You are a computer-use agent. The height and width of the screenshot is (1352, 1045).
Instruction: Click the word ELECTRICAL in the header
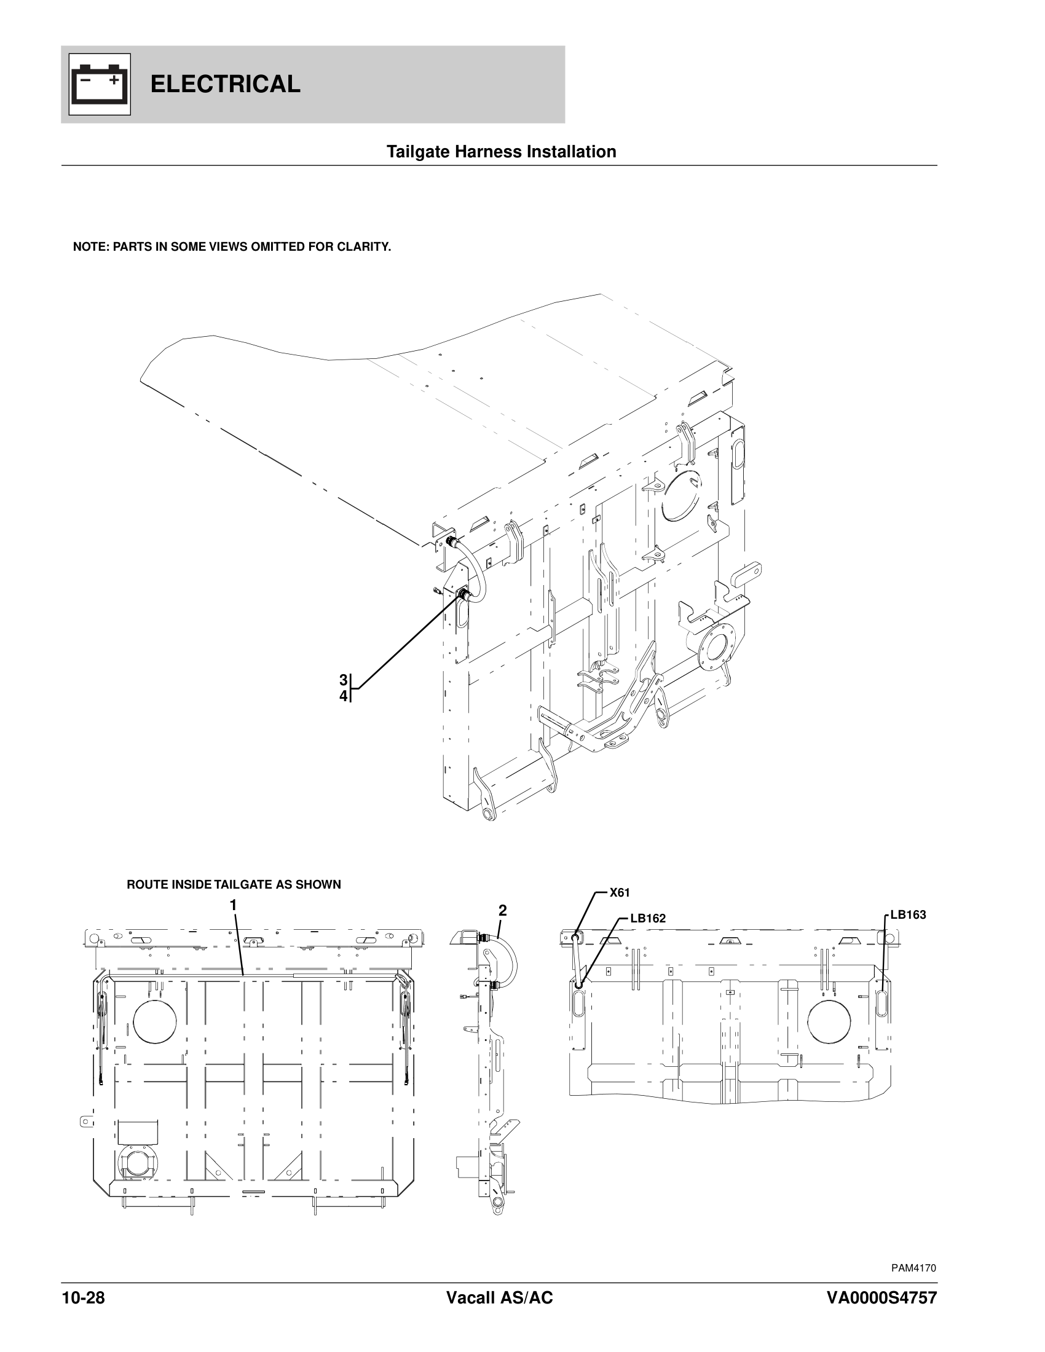click(226, 84)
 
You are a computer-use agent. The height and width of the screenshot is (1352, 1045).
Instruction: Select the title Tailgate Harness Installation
click(501, 152)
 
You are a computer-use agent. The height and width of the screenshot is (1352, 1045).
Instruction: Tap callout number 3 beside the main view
click(343, 680)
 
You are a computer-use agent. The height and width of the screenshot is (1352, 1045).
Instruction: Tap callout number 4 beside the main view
click(343, 696)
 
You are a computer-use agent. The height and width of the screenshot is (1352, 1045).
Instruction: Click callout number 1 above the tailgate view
click(234, 905)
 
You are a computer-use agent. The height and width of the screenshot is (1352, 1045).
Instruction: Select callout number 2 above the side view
click(503, 911)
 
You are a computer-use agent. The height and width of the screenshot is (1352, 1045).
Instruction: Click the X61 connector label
click(619, 893)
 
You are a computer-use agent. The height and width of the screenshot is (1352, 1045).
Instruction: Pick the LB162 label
click(647, 919)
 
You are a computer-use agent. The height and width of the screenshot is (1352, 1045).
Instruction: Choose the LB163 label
click(907, 915)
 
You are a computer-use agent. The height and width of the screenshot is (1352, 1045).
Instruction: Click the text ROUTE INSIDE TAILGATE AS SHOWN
click(234, 884)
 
